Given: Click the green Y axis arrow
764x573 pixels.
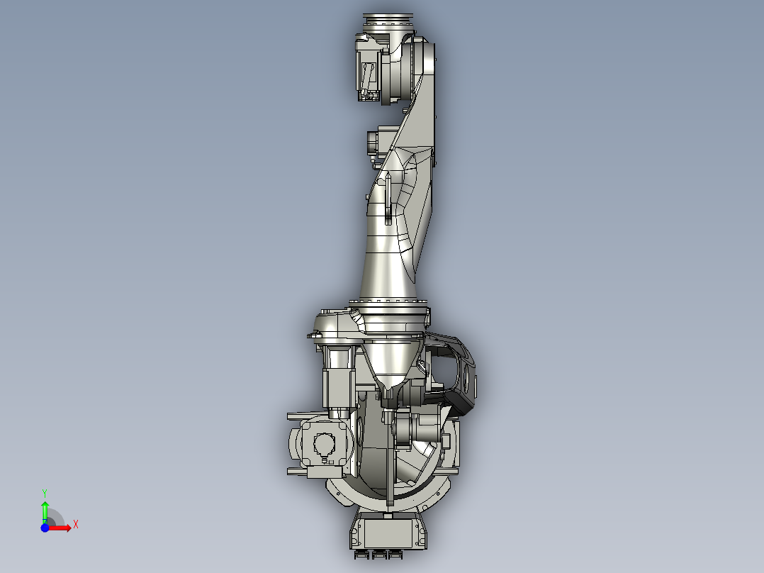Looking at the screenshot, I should pyautogui.click(x=45, y=508).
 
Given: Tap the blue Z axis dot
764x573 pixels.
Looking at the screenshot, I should pyautogui.click(x=45, y=528).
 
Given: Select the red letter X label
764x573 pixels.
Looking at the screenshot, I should pyautogui.click(x=75, y=524).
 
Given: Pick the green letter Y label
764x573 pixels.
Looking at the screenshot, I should pyautogui.click(x=45, y=491).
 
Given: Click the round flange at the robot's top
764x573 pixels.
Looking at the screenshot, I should pyautogui.click(x=388, y=20).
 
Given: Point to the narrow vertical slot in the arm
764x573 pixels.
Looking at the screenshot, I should pyautogui.click(x=388, y=199).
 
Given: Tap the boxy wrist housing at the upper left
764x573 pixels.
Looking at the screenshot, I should pyautogui.click(x=368, y=67).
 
